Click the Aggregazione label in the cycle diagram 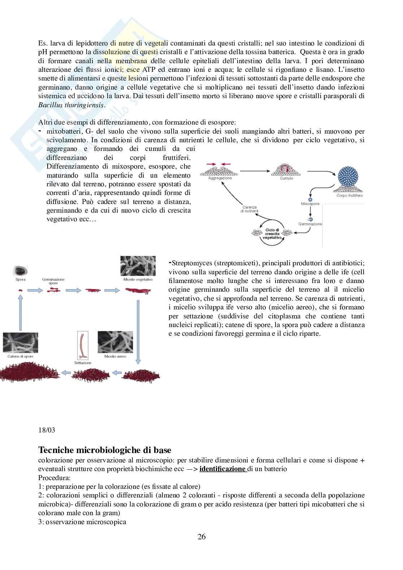[220, 178]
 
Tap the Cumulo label [286, 178]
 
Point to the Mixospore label [310, 204]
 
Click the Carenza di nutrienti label [250, 209]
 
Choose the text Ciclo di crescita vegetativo [272, 234]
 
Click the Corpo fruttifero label [349, 196]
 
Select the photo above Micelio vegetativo [138, 266]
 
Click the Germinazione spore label [53, 281]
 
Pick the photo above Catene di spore [20, 343]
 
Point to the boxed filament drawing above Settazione [83, 345]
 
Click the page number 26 [201, 537]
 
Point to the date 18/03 [47, 430]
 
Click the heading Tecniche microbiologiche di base [105, 450]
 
